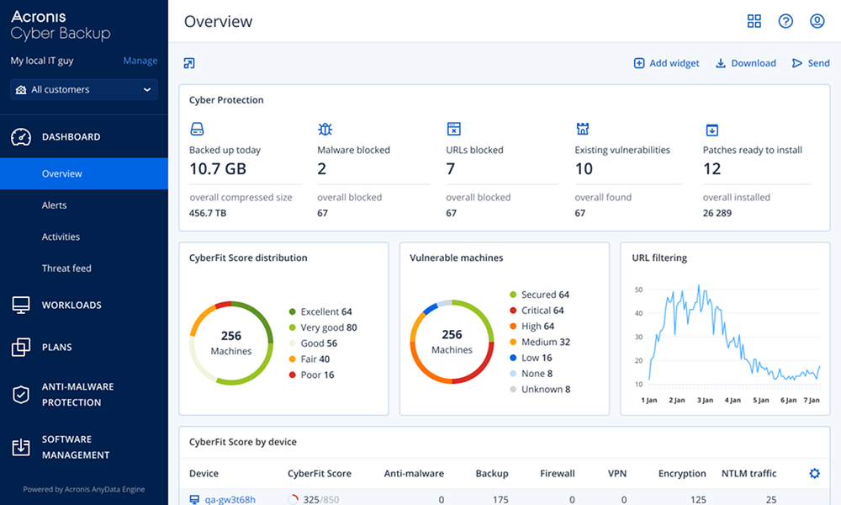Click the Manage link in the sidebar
[140, 61]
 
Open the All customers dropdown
[84, 90]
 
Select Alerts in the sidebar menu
[55, 205]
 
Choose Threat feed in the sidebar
[66, 268]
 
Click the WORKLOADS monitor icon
[21, 306]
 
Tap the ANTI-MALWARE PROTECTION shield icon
[21, 395]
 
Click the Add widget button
[666, 63]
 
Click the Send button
[811, 63]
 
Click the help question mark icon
[785, 21]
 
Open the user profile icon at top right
[817, 21]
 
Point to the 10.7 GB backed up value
[217, 169]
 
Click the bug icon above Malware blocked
[325, 129]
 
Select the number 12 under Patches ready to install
[712, 169]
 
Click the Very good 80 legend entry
[328, 327]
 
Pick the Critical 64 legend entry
[542, 311]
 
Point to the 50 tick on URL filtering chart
[638, 290]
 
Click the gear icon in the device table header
[814, 474]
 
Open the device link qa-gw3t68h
[230, 500]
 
